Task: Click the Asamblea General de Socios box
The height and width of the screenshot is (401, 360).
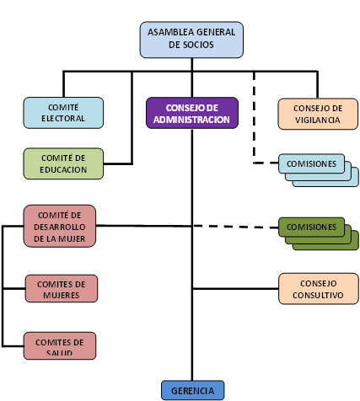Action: click(191, 40)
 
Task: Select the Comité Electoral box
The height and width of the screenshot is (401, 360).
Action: click(63, 113)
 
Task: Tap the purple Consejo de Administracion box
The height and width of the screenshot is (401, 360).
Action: click(192, 113)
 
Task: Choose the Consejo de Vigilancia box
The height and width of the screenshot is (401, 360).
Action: click(318, 114)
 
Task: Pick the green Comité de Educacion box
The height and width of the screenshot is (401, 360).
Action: click(63, 163)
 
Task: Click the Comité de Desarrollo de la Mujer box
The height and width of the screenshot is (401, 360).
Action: click(60, 226)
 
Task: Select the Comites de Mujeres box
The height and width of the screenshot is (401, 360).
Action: click(62, 289)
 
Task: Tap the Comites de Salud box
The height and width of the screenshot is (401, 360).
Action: click(60, 345)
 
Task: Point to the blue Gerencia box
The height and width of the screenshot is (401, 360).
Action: click(193, 390)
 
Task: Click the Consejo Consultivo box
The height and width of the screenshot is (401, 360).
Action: click(319, 289)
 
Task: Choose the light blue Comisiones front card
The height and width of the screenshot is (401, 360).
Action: click(311, 163)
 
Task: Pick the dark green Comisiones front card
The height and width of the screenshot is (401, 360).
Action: click(311, 227)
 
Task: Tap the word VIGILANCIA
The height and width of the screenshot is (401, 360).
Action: click(318, 120)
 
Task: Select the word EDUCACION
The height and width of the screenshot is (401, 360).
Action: click(63, 170)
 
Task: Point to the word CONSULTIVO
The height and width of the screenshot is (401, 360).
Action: click(318, 295)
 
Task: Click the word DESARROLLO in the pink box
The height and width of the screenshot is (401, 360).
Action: click(60, 227)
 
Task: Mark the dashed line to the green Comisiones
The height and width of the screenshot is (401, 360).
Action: click(235, 227)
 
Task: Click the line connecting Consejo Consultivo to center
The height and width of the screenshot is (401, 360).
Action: click(235, 289)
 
